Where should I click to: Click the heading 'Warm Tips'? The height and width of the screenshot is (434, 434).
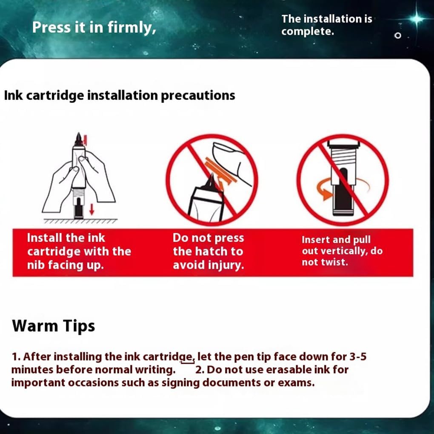tap(54, 326)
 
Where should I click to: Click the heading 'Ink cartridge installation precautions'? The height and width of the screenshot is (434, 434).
tap(120, 95)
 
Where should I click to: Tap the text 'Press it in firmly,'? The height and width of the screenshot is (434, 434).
tap(94, 27)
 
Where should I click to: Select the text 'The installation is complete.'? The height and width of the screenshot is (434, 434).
tap(327, 25)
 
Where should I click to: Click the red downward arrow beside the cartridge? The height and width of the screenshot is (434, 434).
tap(91, 209)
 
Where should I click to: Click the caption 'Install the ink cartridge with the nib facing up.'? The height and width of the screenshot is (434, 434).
tap(79, 251)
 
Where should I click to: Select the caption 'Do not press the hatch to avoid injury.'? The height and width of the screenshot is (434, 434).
tap(208, 251)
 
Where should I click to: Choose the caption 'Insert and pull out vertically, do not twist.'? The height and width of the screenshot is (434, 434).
tap(342, 251)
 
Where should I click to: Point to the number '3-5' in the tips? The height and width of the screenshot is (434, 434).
tap(358, 357)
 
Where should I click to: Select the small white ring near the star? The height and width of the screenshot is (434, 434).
tap(398, 35)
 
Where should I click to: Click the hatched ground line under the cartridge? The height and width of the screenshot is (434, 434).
tap(80, 221)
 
